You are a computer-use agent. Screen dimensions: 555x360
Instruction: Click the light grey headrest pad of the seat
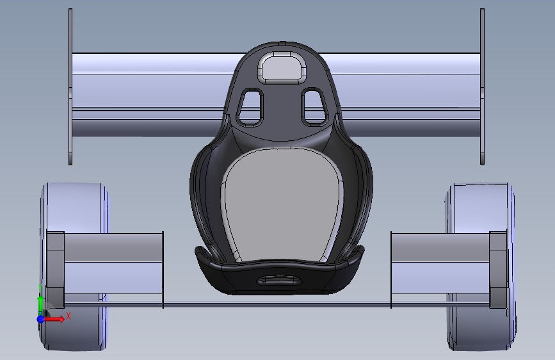pyautogui.click(x=282, y=68)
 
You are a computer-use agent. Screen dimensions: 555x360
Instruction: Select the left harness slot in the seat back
pyautogui.click(x=250, y=107)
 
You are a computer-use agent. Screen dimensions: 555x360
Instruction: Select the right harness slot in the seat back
pyautogui.click(x=314, y=106)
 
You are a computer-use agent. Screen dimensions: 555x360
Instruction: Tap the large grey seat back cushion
pyautogui.click(x=282, y=206)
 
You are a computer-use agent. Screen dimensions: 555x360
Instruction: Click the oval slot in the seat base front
pyautogui.click(x=279, y=281)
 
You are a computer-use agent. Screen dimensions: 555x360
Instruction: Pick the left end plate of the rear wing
pyautogui.click(x=70, y=87)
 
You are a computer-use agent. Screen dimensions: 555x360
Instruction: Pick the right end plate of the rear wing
pyautogui.click(x=482, y=87)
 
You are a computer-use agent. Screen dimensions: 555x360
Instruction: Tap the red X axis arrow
pyautogui.click(x=55, y=319)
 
